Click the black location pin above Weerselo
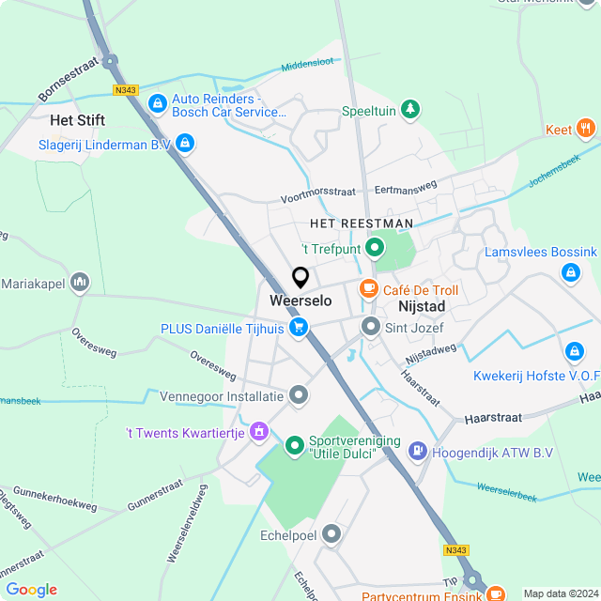300,278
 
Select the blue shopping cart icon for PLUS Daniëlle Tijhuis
299,328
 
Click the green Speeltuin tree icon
409,110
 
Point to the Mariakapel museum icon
80,283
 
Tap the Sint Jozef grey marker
370,328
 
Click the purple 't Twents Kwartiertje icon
260,432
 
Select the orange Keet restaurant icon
586,130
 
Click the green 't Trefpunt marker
374,249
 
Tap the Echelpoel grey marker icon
331,534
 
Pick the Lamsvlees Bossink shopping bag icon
570,272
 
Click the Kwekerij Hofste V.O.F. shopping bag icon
574,351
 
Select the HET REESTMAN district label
362,223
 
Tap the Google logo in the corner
31,590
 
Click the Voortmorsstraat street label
318,194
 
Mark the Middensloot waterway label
308,64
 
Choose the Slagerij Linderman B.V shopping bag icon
185,144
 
